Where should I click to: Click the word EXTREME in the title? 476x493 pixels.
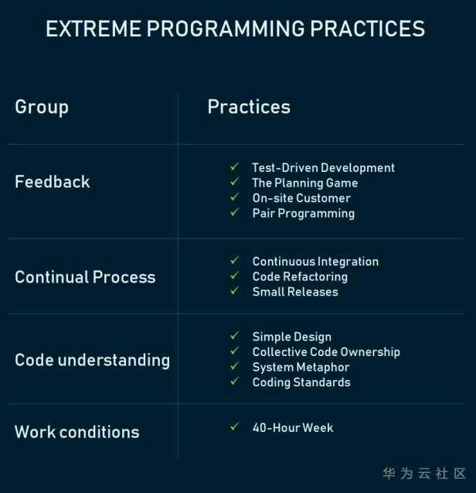pyautogui.click(x=93, y=29)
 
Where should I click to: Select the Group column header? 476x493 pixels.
pyautogui.click(x=42, y=108)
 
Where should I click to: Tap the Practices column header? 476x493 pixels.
pyautogui.click(x=249, y=107)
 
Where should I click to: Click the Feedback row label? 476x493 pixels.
pyautogui.click(x=53, y=182)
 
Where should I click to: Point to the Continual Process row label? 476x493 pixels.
pyautogui.click(x=85, y=277)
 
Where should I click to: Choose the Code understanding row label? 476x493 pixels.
pyautogui.click(x=92, y=361)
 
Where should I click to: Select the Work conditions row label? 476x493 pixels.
pyautogui.click(x=77, y=432)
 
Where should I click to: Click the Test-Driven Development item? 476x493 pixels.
pyautogui.click(x=323, y=168)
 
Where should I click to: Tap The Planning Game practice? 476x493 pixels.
pyautogui.click(x=305, y=183)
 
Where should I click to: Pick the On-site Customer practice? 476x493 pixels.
pyautogui.click(x=301, y=198)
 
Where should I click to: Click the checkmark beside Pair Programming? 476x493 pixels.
pyautogui.click(x=235, y=212)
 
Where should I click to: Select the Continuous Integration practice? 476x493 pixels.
pyautogui.click(x=315, y=262)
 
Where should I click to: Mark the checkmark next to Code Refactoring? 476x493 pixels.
pyautogui.click(x=235, y=276)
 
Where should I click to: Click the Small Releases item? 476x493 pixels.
pyautogui.click(x=295, y=292)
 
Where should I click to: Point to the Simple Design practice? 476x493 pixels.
pyautogui.click(x=291, y=337)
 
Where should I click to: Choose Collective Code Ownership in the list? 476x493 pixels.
pyautogui.click(x=326, y=352)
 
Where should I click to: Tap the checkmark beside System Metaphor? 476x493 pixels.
pyautogui.click(x=235, y=366)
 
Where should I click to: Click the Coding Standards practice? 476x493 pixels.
pyautogui.click(x=301, y=382)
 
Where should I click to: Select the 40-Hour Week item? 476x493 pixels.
pyautogui.click(x=293, y=428)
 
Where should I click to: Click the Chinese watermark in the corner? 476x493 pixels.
pyautogui.click(x=424, y=474)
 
